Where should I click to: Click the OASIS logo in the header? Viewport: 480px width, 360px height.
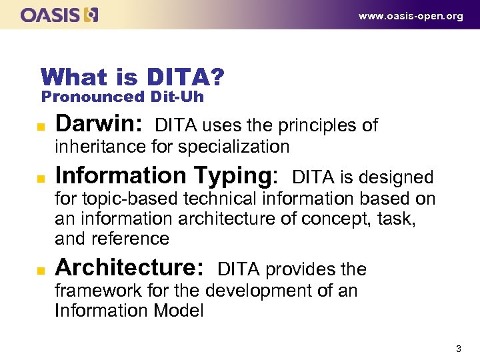point(59,15)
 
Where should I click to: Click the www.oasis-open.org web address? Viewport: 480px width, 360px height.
point(411,16)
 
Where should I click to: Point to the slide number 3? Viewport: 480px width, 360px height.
point(458,349)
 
